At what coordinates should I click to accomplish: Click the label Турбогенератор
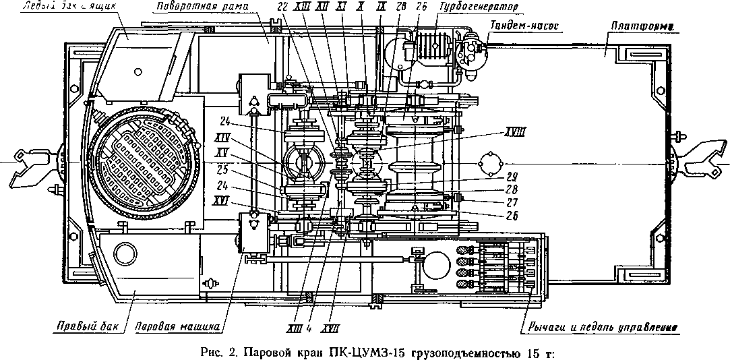point(480,6)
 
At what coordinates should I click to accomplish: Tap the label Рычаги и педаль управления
point(599,329)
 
